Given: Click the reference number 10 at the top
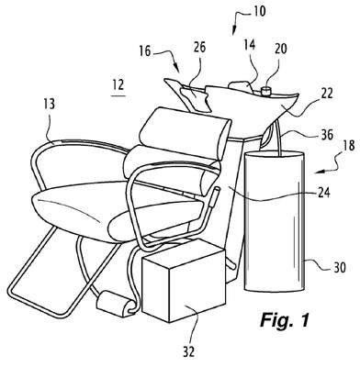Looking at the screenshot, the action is [x=259, y=11].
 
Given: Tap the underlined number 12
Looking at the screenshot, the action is [x=118, y=85].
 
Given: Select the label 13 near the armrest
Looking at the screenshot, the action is [x=49, y=104].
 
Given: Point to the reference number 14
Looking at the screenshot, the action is [x=250, y=45].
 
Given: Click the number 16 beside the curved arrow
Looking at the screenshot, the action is [x=145, y=51].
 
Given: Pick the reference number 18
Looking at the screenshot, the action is [x=349, y=146].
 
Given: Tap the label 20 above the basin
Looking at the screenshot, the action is [x=280, y=49].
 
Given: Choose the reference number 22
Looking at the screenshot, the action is [x=326, y=94].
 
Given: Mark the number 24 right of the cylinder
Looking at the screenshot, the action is [x=323, y=193].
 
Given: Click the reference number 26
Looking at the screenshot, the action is [x=199, y=48].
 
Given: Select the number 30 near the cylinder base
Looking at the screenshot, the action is [x=339, y=268].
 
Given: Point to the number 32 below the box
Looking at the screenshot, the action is [x=188, y=352].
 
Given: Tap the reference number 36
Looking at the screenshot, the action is [x=327, y=135].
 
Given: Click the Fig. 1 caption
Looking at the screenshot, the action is [x=285, y=320].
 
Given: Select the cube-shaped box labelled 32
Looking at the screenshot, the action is [x=184, y=281].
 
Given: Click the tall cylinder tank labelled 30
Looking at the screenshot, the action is [x=275, y=221].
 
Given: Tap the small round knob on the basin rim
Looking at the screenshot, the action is [x=266, y=91].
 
